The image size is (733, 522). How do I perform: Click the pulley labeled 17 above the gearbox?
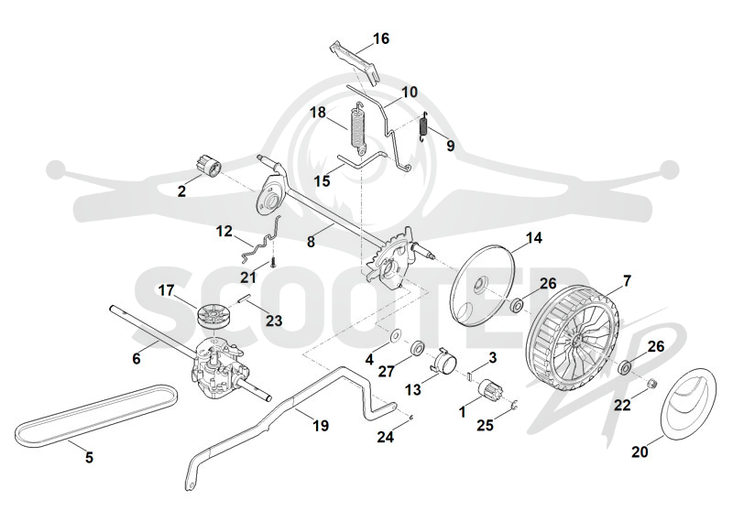coord(212,314)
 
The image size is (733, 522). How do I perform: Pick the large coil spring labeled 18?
coord(358,127)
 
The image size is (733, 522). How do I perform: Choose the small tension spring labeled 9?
coord(424,126)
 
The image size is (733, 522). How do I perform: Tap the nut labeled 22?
coord(651,385)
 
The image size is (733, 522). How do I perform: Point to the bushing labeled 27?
coord(417,348)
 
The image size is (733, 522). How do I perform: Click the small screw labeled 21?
coord(273,262)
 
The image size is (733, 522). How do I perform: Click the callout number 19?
coord(321,426)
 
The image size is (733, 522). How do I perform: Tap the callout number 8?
coord(311,242)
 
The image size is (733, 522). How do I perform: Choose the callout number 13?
coord(413,389)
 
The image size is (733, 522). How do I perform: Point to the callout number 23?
coord(274,321)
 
